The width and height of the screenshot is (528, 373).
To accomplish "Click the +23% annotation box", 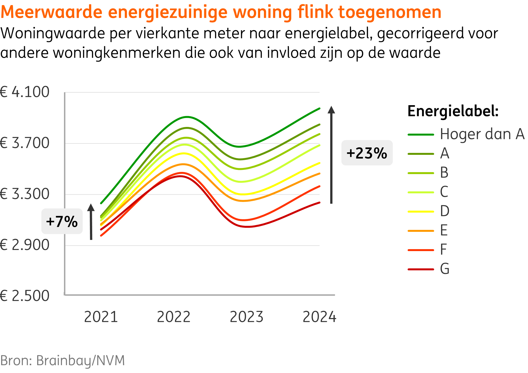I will click(367, 153).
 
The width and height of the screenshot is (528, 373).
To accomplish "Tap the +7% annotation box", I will click(62, 222).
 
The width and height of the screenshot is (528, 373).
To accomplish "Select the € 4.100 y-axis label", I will click(25, 92).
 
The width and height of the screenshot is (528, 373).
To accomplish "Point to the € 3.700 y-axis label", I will click(25, 143).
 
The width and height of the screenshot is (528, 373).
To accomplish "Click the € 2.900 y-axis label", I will click(25, 245).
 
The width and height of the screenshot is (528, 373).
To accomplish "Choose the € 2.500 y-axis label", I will click(25, 296).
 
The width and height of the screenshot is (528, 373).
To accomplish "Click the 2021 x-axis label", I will click(101, 317).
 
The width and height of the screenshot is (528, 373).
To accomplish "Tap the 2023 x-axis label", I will click(246, 317).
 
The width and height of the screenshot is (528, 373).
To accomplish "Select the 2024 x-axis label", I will click(319, 317).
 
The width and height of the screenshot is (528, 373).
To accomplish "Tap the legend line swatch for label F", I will click(421, 250).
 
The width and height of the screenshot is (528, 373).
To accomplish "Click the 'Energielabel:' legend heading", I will click(453, 111).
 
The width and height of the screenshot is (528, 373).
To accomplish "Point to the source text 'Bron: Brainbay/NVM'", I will click(63, 360).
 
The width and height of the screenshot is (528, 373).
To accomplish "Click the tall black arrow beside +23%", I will click(331, 155).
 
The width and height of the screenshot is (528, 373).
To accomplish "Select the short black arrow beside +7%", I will click(91, 222).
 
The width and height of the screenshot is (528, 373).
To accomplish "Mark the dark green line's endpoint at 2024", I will click(319, 108).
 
